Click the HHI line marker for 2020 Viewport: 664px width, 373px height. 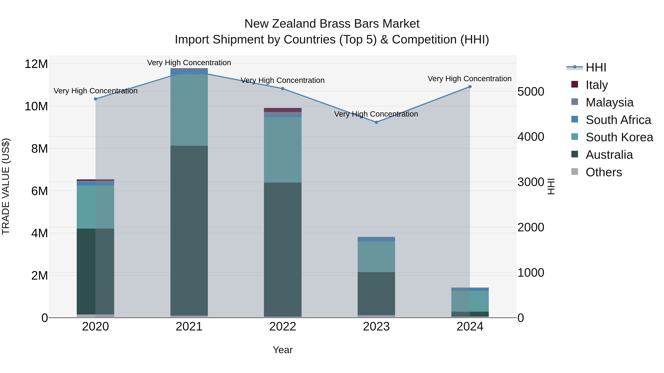(x=95, y=99)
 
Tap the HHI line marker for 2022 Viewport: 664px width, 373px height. (x=283, y=89)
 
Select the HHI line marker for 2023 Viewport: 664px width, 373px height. (x=376, y=122)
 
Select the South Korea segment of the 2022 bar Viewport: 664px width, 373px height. (x=283, y=150)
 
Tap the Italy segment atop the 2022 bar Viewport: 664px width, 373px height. (x=283, y=110)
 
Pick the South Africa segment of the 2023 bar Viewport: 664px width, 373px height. (x=376, y=239)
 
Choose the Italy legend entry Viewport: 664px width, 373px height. (x=596, y=85)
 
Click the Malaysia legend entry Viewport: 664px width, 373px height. (x=609, y=102)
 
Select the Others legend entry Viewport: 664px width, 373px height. (x=604, y=172)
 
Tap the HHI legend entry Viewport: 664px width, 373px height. (x=596, y=67)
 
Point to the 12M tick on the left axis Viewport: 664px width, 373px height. (x=36, y=64)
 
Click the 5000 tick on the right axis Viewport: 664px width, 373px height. (x=531, y=92)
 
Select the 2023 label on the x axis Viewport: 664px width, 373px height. (x=376, y=327)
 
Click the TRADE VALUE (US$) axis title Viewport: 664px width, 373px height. (x=6, y=186)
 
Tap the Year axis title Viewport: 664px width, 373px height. (x=283, y=350)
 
